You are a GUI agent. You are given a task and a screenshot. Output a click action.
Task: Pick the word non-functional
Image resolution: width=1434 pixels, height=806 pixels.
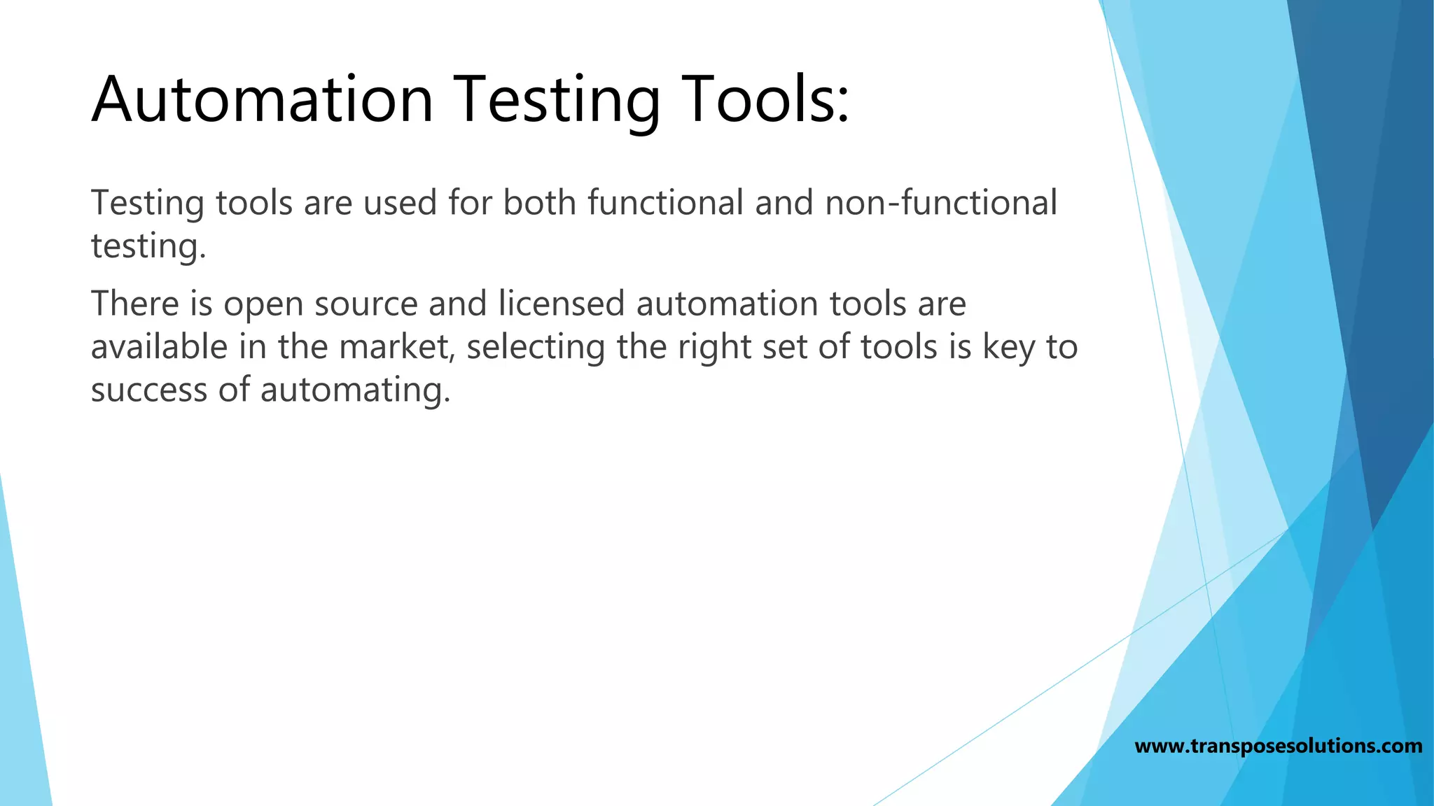tap(941, 203)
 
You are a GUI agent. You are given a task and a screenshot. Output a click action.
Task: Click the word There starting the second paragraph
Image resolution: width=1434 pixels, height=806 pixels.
tap(134, 304)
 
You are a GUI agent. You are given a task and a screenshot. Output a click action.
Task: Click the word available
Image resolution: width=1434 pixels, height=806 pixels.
tap(159, 347)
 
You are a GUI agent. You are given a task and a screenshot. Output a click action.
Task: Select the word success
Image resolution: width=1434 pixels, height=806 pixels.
tap(148, 390)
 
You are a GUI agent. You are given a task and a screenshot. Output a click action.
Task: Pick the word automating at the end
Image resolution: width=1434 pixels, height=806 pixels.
tap(355, 390)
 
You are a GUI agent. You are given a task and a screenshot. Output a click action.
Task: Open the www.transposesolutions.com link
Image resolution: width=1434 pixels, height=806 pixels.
tap(1278, 746)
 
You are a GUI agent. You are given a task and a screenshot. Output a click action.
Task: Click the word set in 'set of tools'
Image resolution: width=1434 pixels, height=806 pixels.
tap(784, 347)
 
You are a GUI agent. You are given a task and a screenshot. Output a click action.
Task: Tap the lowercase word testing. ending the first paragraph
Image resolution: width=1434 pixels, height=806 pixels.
tap(148, 246)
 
